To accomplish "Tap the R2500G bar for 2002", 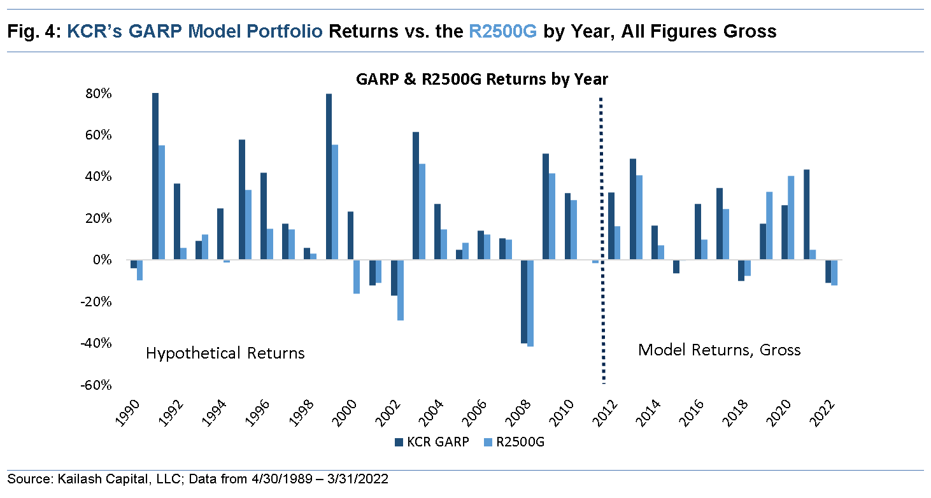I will point(400,290).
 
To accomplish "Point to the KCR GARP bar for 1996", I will point(264,216).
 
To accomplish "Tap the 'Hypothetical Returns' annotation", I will point(225,353).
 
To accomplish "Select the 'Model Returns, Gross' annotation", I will point(719,350).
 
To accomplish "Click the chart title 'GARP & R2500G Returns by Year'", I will point(481,80).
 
